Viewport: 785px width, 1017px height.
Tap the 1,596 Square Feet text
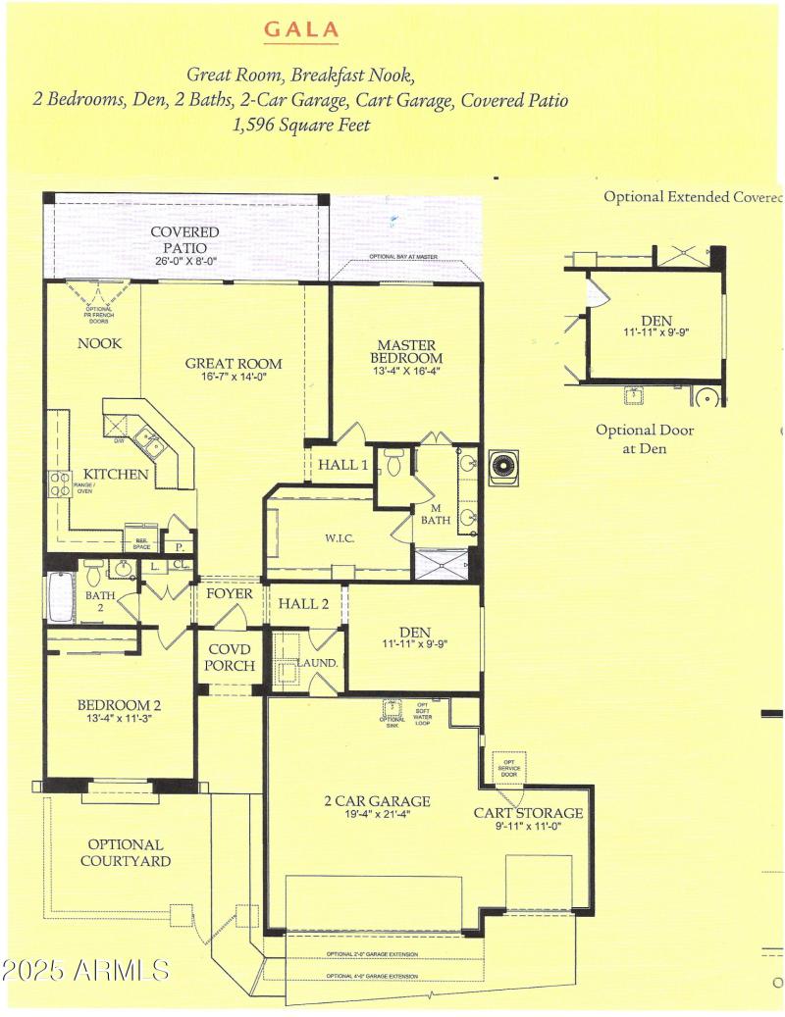coord(300,126)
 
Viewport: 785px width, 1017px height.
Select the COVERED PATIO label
coord(184,240)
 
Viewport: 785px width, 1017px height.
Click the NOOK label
coord(100,343)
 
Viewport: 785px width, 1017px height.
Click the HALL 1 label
coord(341,465)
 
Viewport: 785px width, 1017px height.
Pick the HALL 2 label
coord(305,603)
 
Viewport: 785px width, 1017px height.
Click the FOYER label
coord(229,593)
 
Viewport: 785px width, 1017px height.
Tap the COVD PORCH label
coord(230,658)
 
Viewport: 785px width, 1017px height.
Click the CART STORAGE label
coord(528,819)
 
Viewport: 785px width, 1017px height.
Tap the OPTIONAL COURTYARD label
coord(126,852)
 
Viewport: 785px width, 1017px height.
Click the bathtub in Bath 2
coord(61,598)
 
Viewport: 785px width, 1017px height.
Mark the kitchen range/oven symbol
coord(58,483)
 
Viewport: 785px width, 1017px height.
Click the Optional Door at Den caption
coord(645,438)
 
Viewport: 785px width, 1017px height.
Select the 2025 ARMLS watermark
coord(85,971)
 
